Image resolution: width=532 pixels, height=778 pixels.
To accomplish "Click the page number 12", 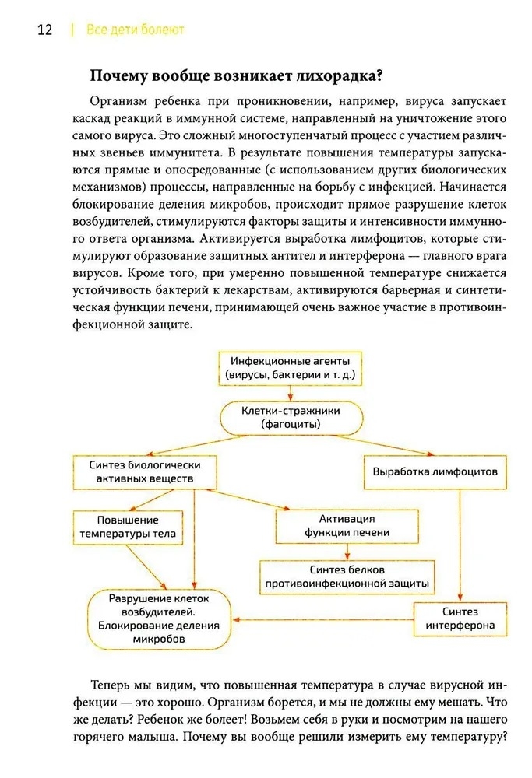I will click(44, 30).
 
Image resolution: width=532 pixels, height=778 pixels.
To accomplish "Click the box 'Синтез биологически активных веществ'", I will click(144, 471).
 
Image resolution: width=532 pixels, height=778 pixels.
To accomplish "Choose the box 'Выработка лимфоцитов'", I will click(430, 471).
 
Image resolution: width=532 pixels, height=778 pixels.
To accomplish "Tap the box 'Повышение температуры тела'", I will click(128, 527).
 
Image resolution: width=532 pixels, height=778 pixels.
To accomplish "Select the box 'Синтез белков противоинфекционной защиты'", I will click(347, 576).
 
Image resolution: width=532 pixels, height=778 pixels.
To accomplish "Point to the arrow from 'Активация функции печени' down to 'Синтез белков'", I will click(347, 552).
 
